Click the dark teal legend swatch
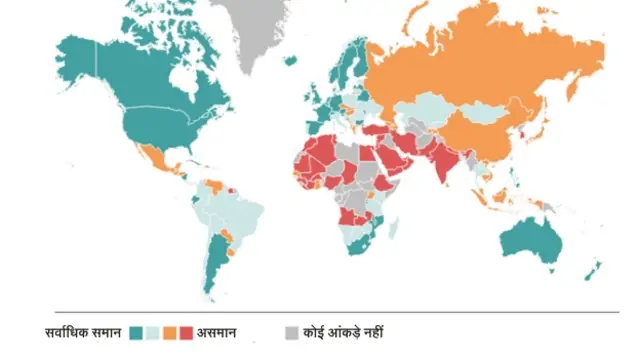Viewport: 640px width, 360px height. click(135, 332)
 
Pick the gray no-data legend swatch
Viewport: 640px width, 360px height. click(292, 332)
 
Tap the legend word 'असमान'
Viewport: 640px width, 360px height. click(218, 332)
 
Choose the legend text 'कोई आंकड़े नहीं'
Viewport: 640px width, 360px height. click(343, 332)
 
